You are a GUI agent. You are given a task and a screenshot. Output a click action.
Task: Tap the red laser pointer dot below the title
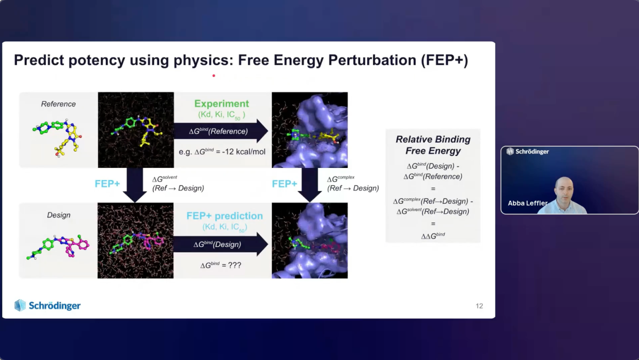(x=214, y=76)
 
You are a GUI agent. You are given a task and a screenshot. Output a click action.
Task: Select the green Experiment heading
(x=221, y=104)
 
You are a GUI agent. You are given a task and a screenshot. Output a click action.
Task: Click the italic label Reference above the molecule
(x=58, y=104)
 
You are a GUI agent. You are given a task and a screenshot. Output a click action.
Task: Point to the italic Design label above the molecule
(x=59, y=215)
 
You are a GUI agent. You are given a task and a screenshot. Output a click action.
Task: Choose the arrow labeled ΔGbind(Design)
(x=220, y=244)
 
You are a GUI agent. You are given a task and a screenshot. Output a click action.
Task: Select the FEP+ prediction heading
(x=225, y=216)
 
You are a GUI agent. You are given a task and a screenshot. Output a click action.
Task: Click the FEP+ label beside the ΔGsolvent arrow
(x=107, y=184)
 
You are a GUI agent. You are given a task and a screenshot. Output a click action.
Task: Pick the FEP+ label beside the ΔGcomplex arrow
(x=285, y=184)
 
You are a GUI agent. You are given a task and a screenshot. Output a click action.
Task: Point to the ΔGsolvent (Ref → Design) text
(x=178, y=184)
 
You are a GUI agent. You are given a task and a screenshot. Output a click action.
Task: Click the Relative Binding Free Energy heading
(x=433, y=145)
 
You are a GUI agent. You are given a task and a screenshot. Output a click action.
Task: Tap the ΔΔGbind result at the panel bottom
(x=433, y=236)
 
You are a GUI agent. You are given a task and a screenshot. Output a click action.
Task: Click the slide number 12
(x=479, y=306)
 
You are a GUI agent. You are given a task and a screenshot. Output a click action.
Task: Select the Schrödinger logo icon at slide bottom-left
(x=20, y=305)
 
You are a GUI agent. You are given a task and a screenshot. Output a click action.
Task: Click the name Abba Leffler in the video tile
(x=528, y=203)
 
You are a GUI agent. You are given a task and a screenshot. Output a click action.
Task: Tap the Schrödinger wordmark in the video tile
(x=532, y=152)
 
